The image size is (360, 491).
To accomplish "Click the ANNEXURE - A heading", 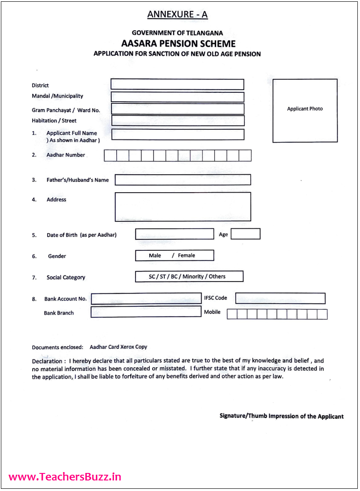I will (177, 15).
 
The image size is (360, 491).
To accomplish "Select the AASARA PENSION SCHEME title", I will (178, 44).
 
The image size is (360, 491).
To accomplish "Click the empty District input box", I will (177, 84).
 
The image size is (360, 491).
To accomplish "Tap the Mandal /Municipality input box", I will (177, 97).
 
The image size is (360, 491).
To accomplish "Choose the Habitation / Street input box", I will (178, 121).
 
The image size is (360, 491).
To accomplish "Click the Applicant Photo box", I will (305, 111).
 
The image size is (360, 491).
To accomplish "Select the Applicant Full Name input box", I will (178, 134).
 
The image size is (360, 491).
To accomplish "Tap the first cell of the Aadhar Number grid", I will (110, 155).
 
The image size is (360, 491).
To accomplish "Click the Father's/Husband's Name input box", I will (183, 180).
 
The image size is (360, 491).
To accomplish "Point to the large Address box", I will (183, 206).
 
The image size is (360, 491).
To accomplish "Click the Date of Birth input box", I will (174, 234).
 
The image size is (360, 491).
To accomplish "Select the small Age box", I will (245, 234).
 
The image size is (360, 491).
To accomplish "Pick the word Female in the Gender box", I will (187, 256).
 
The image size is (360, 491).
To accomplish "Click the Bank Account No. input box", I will (146, 299).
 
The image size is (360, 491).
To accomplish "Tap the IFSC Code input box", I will (280, 298).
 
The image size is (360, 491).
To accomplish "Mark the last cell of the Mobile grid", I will (322, 314).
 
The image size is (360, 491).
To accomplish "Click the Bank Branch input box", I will (146, 312).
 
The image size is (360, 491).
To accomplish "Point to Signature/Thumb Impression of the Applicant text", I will (282, 416).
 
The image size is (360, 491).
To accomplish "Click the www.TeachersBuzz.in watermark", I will (65, 477).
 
